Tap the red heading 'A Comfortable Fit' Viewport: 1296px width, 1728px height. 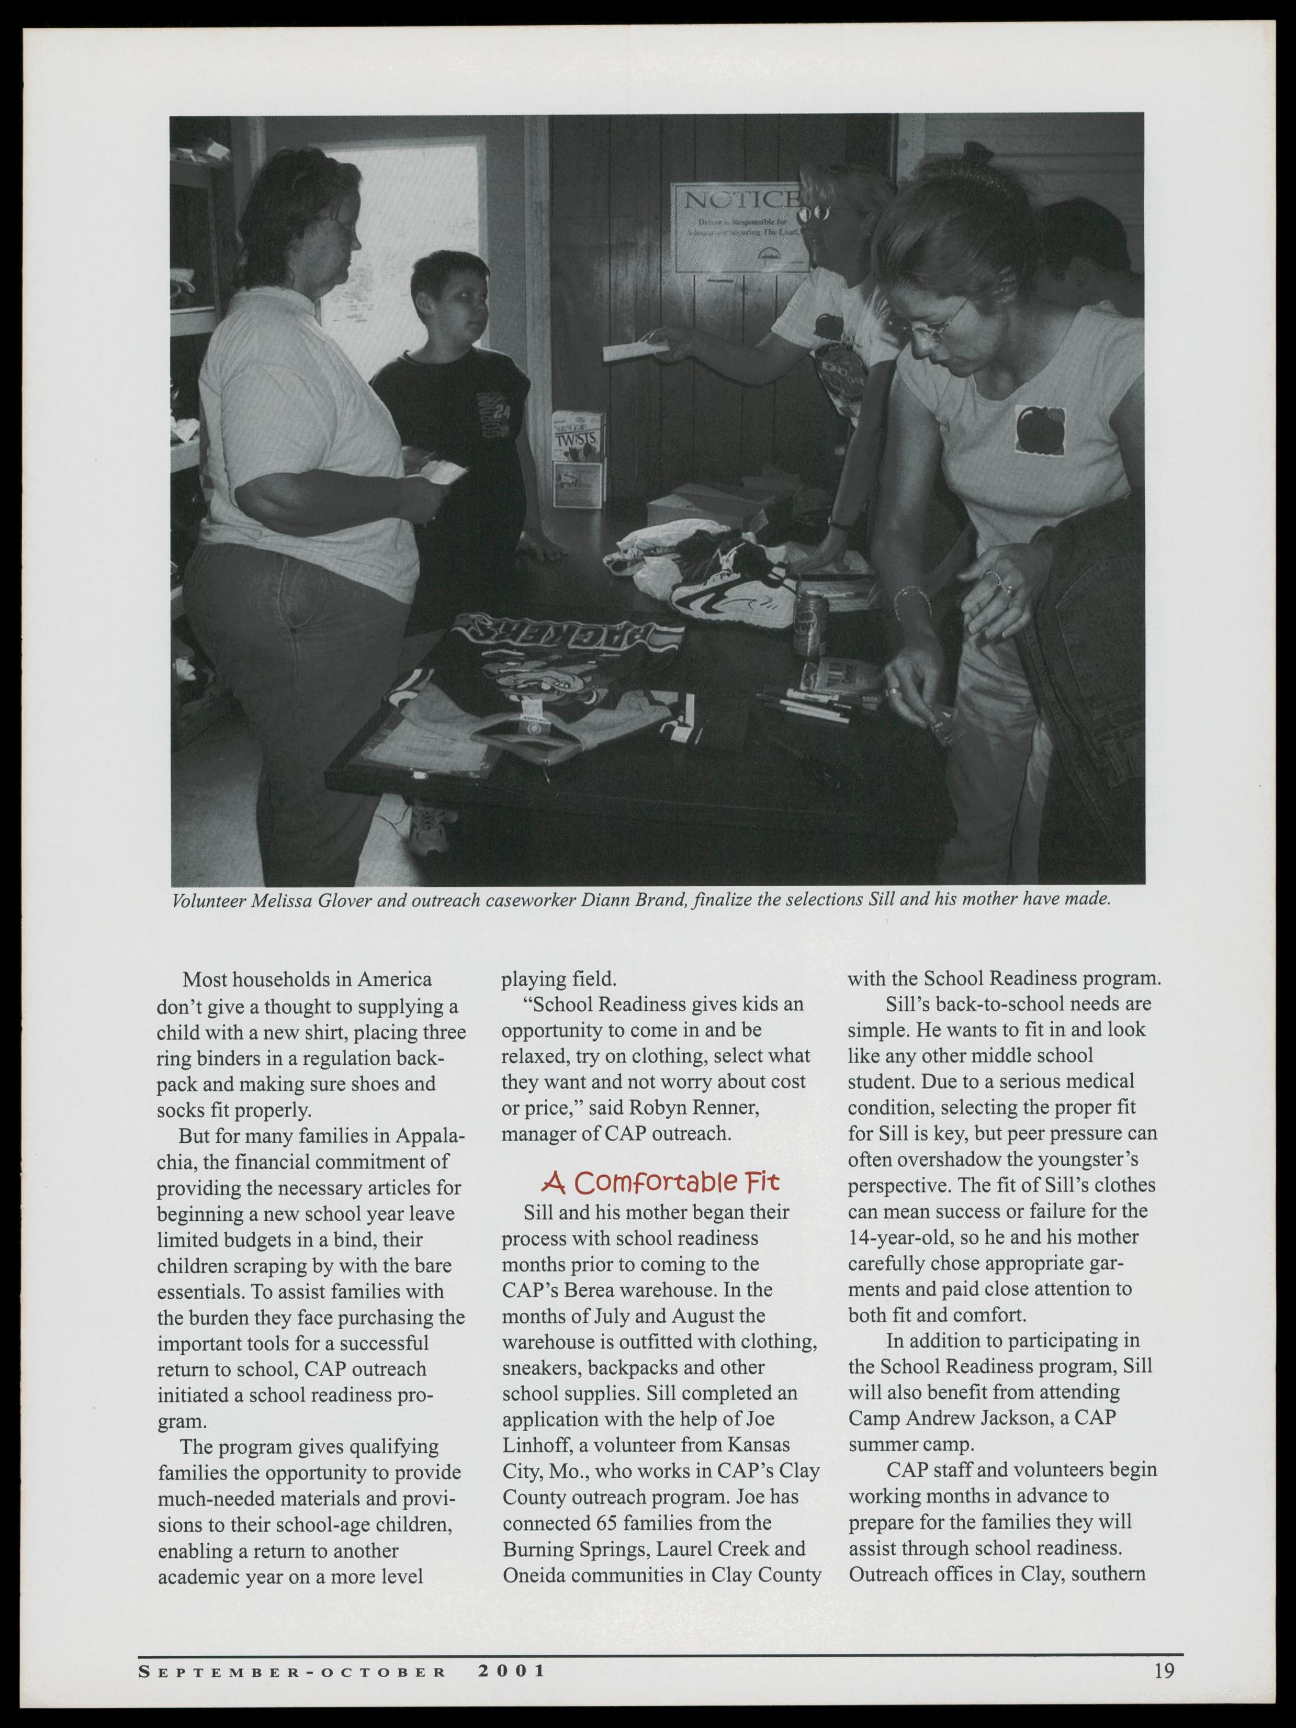660,1181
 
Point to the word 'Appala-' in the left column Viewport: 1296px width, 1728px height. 428,1135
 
